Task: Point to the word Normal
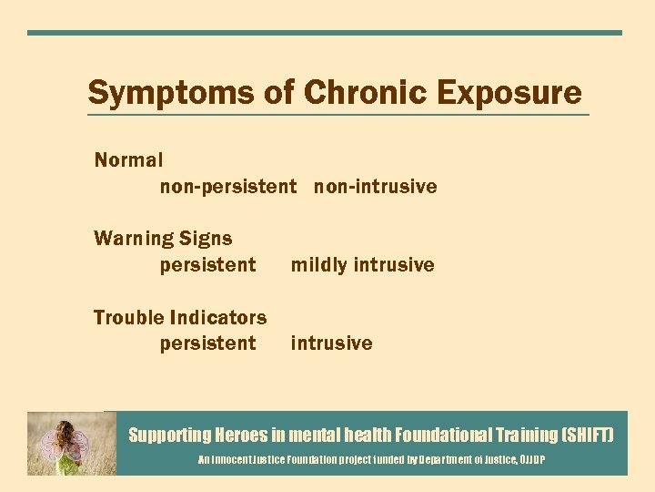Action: (128, 160)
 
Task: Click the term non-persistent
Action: (228, 187)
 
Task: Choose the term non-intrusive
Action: (376, 187)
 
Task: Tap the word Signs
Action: (206, 239)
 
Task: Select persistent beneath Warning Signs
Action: (207, 265)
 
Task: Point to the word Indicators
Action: (218, 318)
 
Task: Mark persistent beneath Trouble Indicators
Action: (207, 343)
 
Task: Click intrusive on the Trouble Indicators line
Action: (331, 343)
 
